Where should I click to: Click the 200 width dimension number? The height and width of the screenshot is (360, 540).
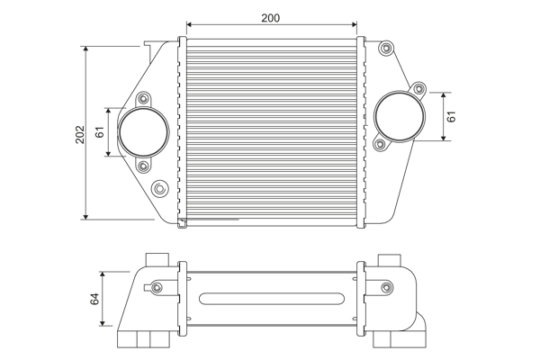[x=270, y=18]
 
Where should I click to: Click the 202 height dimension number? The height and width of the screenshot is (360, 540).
[x=80, y=134]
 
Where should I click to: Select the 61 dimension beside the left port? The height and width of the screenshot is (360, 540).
[x=101, y=132]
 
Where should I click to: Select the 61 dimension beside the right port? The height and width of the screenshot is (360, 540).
[x=452, y=116]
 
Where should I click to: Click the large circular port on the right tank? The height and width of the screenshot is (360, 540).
[x=398, y=115]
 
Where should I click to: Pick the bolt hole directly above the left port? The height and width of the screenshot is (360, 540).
[x=144, y=98]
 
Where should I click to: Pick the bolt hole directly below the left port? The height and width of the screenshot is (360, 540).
[x=144, y=166]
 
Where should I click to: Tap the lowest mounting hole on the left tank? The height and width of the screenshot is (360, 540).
[x=159, y=188]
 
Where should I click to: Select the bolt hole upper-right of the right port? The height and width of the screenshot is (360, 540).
[x=418, y=88]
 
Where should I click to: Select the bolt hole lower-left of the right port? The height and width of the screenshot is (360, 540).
[x=380, y=144]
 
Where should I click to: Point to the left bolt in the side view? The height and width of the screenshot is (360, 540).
[x=157, y=288]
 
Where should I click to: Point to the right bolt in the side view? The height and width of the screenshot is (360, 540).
[x=388, y=288]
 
